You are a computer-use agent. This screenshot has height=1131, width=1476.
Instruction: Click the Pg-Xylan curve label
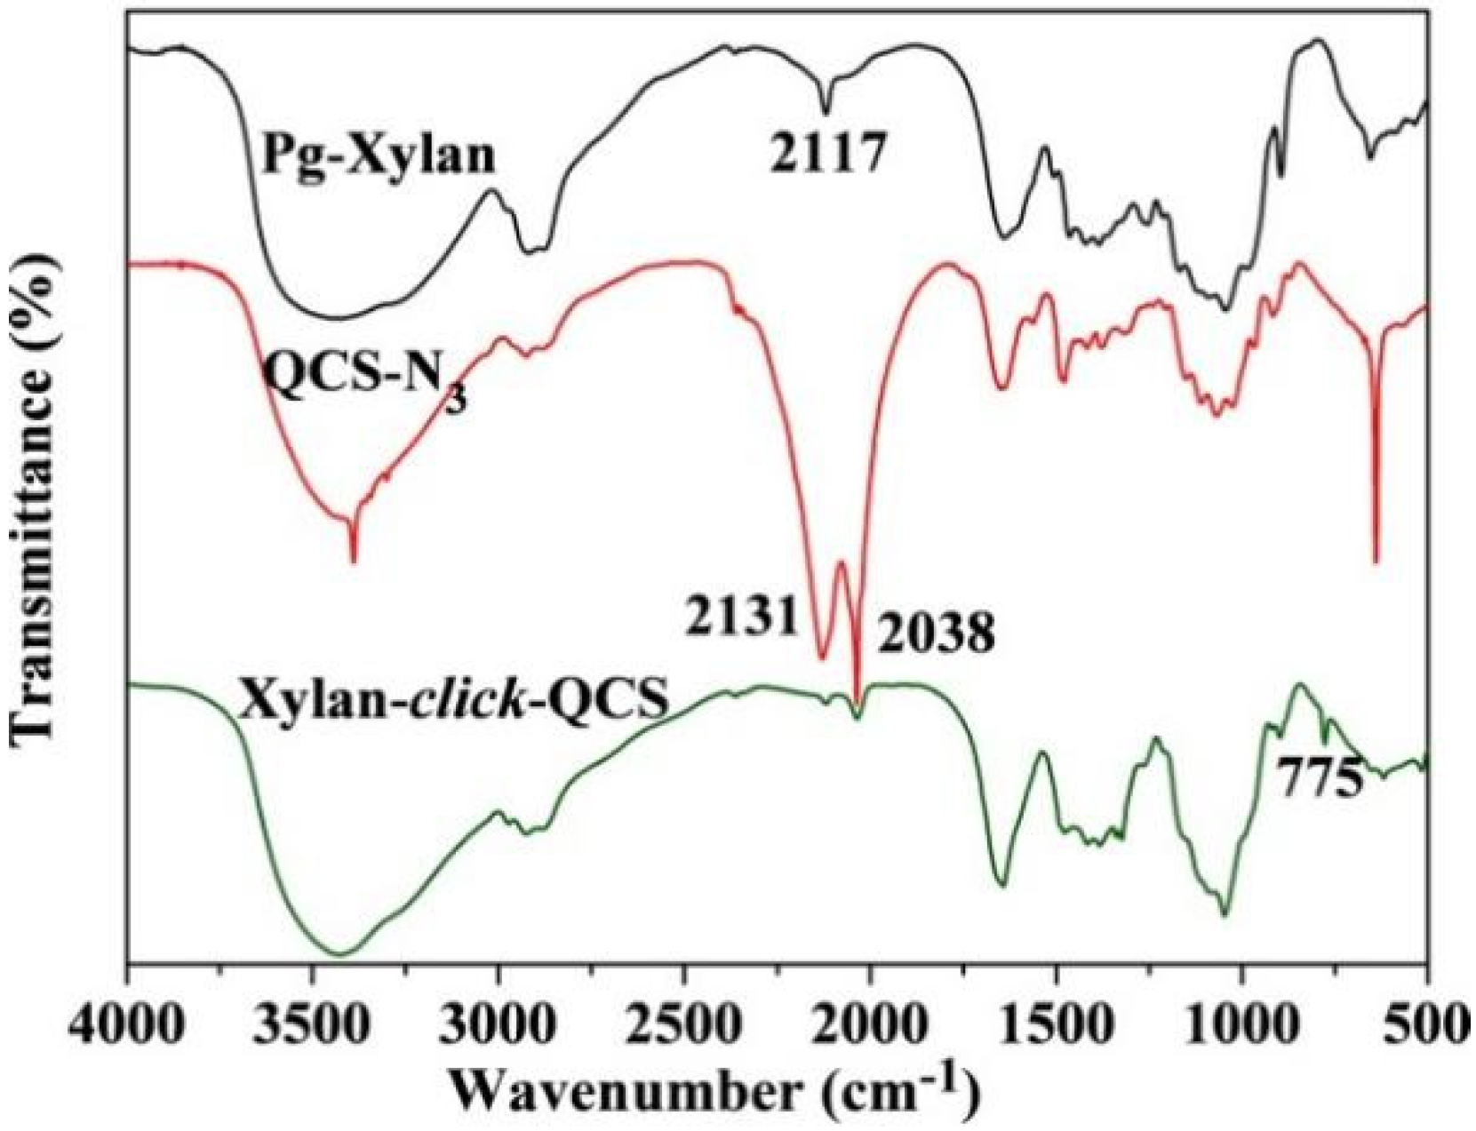(x=378, y=157)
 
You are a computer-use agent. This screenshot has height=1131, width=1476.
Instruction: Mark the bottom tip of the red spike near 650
(x=1376, y=562)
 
